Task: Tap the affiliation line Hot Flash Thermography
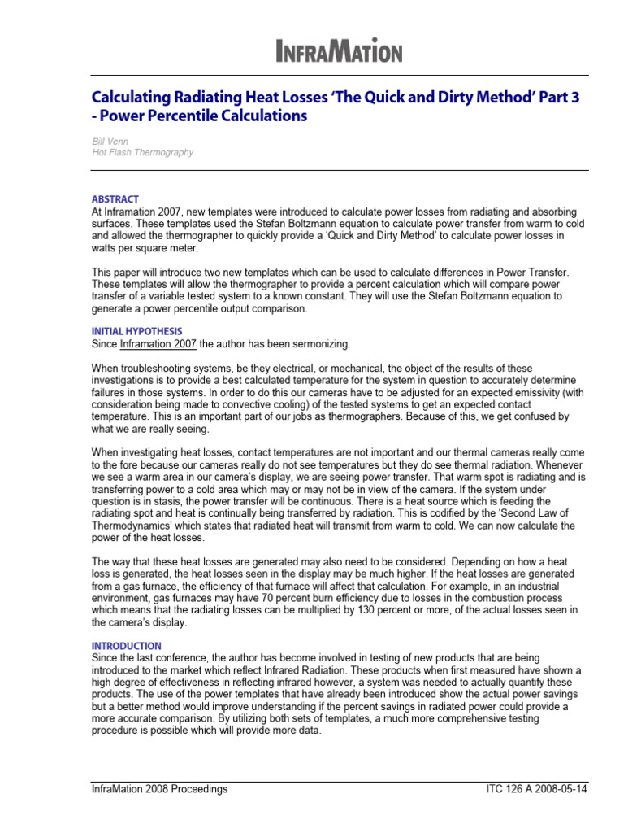pos(142,152)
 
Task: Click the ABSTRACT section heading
pos(115,199)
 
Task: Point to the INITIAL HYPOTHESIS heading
pos(136,331)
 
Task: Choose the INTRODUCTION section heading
pos(126,646)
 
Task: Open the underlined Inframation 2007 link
pos(158,343)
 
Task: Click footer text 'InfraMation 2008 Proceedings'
pos(158,789)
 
